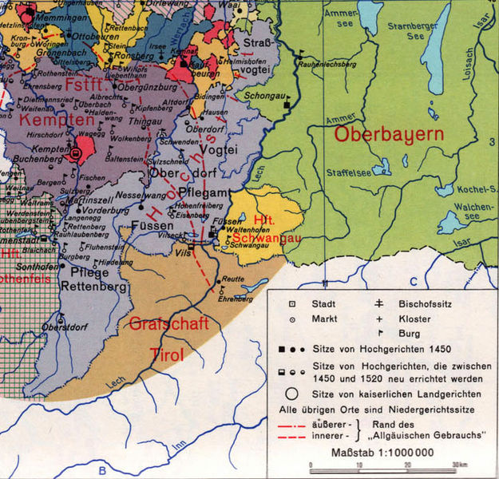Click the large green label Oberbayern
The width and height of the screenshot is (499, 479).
tap(389, 134)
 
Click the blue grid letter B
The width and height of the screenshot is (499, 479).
tap(102, 470)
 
